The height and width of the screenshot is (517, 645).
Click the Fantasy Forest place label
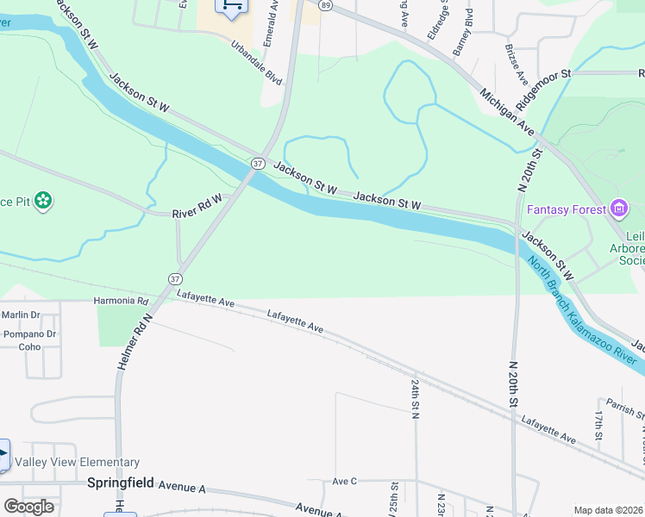[x=567, y=209]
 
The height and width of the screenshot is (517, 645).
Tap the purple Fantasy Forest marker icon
[x=618, y=209]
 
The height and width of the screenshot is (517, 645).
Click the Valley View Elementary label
[x=83, y=463]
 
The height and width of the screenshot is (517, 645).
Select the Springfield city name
[x=121, y=483]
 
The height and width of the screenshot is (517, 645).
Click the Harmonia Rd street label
[x=121, y=302]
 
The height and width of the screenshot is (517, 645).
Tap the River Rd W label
[x=197, y=206]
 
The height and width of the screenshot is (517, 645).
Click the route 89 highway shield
[x=324, y=5]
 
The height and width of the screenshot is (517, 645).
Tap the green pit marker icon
[x=44, y=202]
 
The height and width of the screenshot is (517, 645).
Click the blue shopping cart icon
[x=231, y=6]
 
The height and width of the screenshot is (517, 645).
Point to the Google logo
[x=28, y=507]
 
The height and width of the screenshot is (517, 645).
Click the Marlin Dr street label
[x=22, y=315]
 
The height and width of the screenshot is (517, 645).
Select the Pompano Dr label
[x=29, y=333]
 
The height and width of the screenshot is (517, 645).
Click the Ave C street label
[x=344, y=481]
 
